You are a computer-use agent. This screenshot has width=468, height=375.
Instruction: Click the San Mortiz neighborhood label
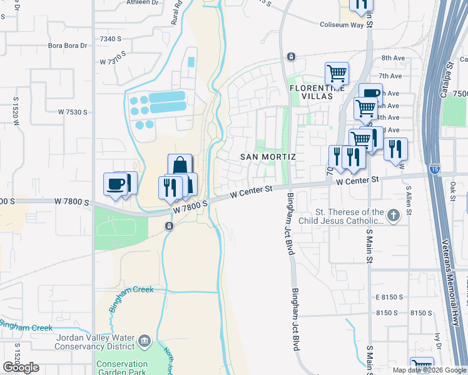(268, 156)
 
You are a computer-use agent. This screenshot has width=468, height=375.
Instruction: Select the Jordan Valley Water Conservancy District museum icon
(145, 341)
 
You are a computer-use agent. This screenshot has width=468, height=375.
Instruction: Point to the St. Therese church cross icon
(393, 216)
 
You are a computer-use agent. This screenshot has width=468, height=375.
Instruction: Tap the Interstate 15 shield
(435, 169)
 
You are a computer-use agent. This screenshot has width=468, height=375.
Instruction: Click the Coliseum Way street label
(342, 25)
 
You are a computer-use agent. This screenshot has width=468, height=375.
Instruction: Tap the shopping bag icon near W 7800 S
(180, 166)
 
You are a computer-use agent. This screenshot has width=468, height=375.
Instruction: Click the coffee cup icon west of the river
(116, 184)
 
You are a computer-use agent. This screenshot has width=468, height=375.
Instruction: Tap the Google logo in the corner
(21, 367)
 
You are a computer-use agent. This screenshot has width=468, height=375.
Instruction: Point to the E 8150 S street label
(387, 297)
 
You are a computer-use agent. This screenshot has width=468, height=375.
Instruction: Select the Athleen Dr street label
(143, 2)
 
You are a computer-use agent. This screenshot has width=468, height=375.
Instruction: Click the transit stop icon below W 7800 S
(168, 226)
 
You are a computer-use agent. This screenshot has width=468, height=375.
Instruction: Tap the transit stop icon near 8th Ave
(291, 57)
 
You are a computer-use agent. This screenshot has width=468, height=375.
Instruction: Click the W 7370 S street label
(114, 62)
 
